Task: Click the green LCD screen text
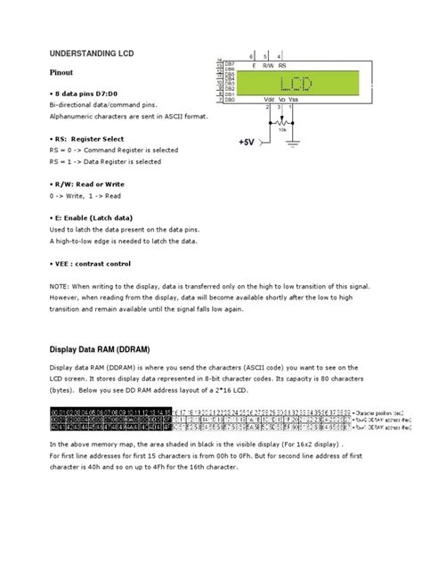click(296, 85)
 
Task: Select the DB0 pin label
click(230, 100)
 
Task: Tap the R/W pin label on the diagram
click(269, 65)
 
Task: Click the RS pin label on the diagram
click(282, 65)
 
